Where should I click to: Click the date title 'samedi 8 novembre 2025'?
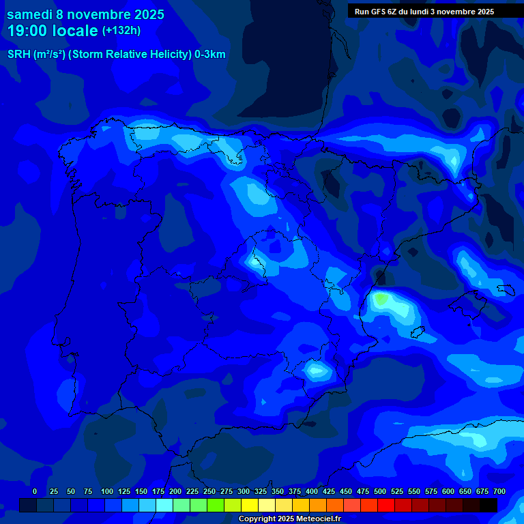tap(85, 14)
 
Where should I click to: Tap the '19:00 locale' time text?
tap(53, 31)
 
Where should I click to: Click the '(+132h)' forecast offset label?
tap(121, 31)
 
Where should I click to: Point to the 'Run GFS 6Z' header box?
tap(424, 12)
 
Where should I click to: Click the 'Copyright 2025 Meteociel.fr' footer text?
tap(289, 519)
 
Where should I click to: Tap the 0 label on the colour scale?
tap(35, 491)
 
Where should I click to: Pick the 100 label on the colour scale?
tap(107, 491)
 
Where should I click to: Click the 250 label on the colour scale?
tap(209, 491)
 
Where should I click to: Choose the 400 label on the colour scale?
tap(312, 491)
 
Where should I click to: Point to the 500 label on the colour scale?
tap(380, 491)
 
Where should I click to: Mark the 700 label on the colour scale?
tap(499, 491)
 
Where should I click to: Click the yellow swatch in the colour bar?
tap(250, 505)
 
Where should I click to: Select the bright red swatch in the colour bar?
tap(386, 505)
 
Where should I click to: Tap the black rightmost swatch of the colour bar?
tap(489, 505)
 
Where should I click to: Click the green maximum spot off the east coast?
tap(381, 298)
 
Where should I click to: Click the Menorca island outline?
tap(506, 290)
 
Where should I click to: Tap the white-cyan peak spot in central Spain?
tap(256, 261)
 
